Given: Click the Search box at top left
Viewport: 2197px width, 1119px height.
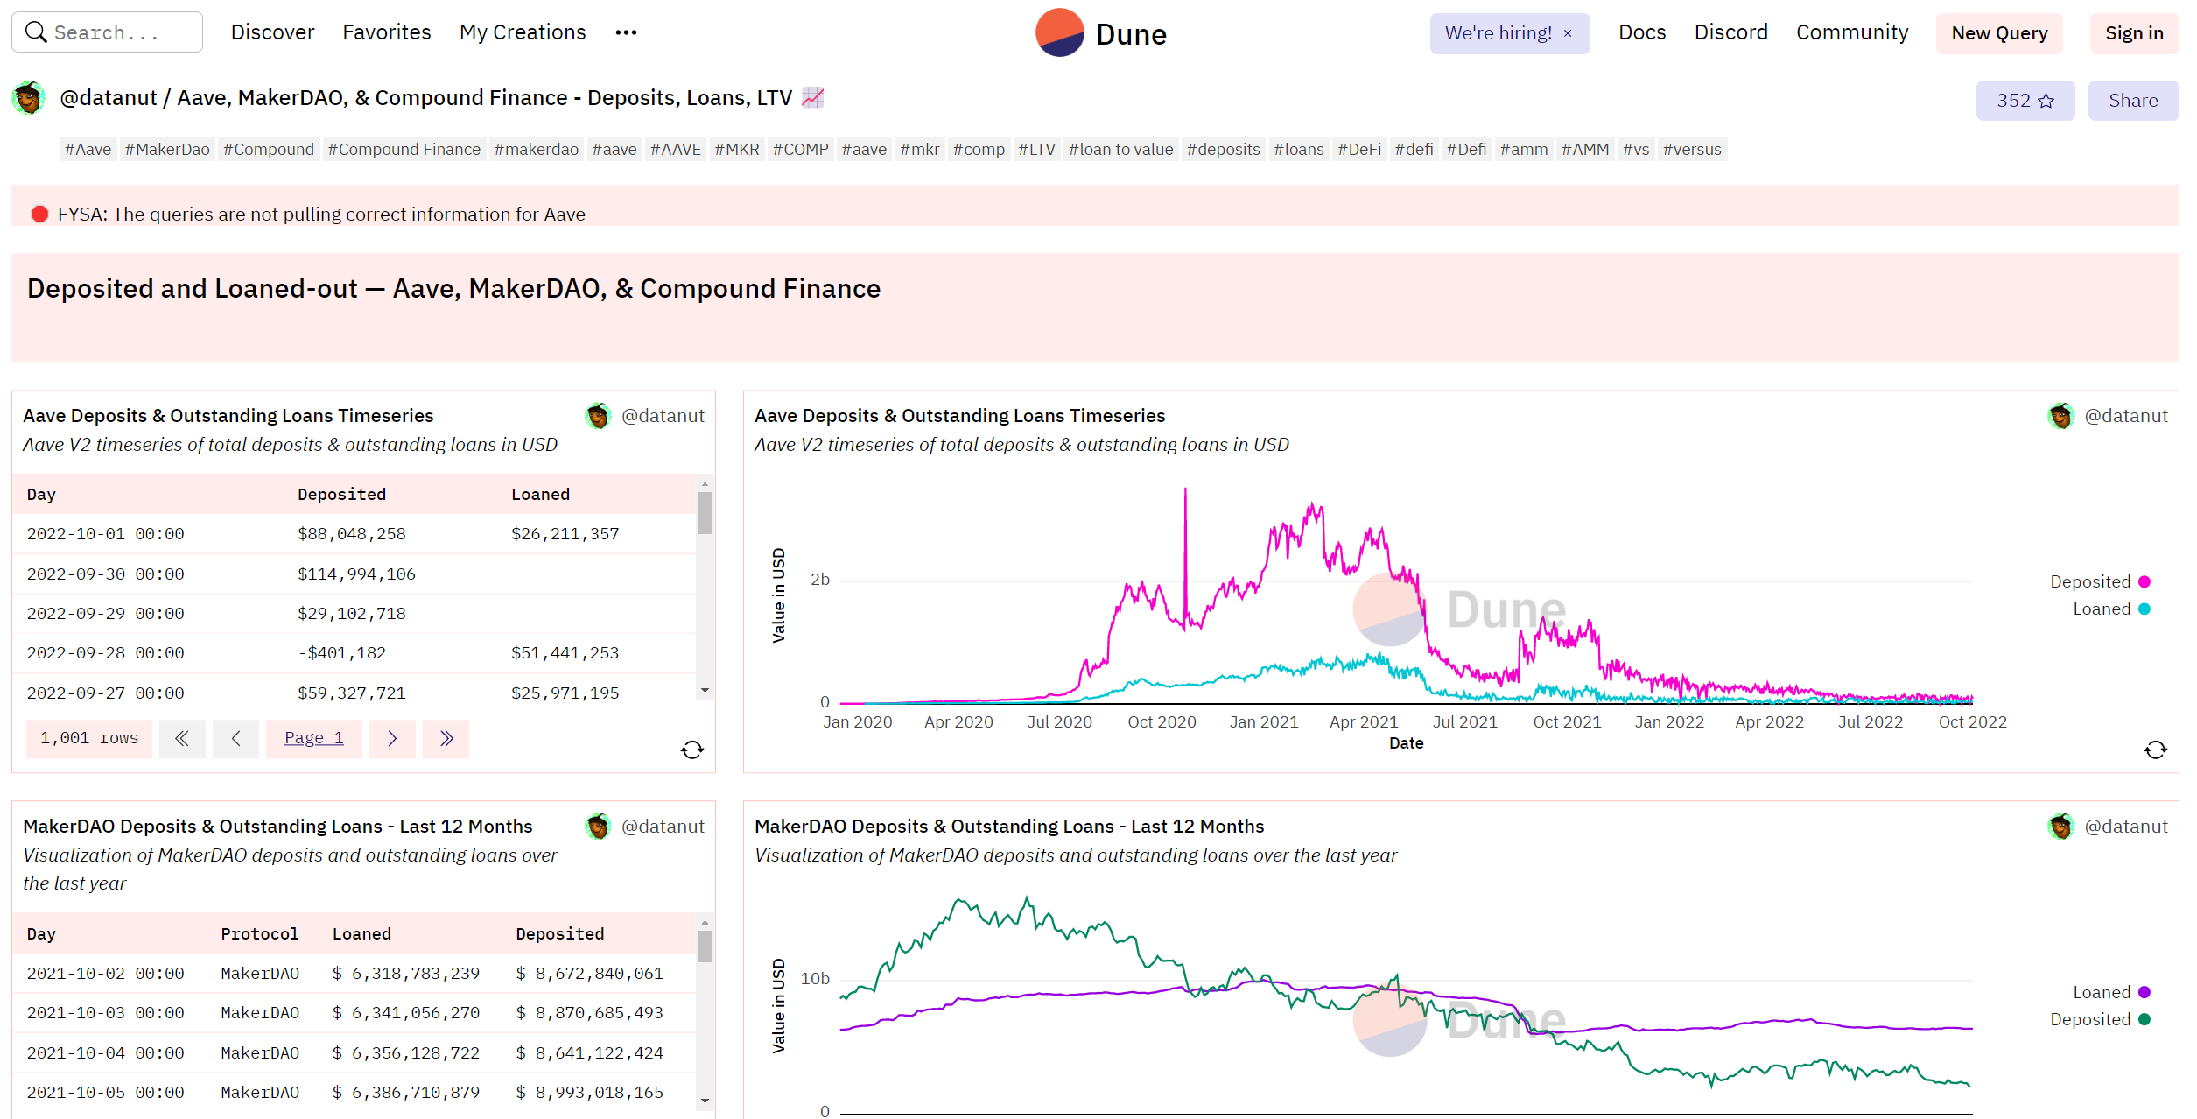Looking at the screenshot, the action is coord(107,32).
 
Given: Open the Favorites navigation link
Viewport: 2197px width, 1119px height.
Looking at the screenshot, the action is coord(387,32).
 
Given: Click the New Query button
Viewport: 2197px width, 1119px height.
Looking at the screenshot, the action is coord(1999,33).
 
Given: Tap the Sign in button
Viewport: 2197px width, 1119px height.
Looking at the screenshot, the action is coord(2134,33).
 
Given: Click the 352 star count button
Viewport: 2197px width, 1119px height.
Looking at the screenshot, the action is coord(2025,101).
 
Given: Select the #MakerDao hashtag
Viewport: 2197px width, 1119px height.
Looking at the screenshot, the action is coord(167,150).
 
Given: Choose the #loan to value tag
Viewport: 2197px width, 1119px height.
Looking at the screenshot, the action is coord(1120,150).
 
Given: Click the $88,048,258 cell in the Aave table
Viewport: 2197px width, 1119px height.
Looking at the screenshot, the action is coord(352,534).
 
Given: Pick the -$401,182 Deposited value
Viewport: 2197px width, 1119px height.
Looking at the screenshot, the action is coord(341,653).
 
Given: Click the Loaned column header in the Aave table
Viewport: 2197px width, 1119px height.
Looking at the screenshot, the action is coord(540,495).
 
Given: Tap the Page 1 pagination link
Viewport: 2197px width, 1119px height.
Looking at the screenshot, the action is coord(314,739).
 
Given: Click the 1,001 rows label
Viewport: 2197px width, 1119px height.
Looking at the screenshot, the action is coord(89,739).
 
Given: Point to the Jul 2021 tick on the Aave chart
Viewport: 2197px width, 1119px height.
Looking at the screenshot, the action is coord(1465,722).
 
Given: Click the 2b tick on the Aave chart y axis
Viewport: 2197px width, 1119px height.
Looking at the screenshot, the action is coord(820,580).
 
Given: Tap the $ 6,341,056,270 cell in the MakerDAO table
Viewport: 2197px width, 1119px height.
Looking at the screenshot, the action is coord(406,1013).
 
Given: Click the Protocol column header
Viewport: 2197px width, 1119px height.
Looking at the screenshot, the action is coord(260,934).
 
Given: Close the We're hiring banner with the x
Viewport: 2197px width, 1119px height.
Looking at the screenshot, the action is coord(1568,33).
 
